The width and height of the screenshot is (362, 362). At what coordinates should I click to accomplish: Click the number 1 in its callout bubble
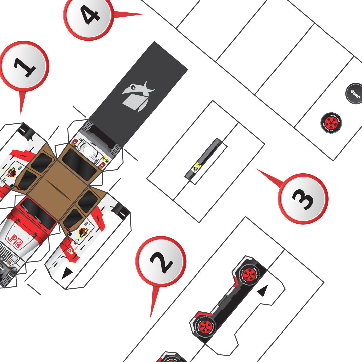pos(24,67)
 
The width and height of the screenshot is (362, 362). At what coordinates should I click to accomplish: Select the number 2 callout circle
pos(161,261)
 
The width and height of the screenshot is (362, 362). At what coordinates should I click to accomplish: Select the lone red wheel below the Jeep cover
pos(331,123)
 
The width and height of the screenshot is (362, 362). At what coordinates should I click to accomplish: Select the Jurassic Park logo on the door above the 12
pos(83,232)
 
